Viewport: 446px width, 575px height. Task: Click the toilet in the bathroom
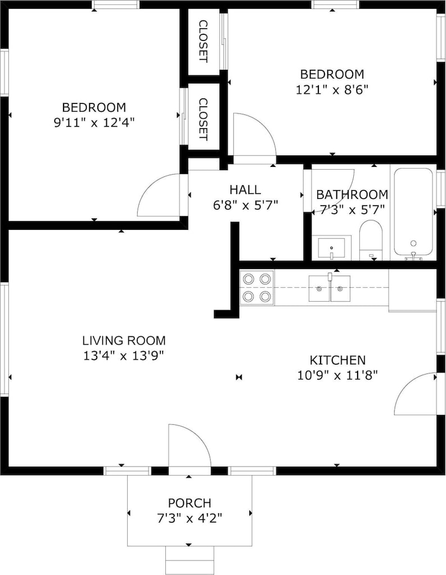(371, 240)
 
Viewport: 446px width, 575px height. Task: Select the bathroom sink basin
(331, 248)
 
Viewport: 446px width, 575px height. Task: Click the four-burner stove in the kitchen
(256, 288)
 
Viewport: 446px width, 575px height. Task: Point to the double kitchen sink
(329, 288)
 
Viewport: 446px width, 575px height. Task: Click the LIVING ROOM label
(124, 340)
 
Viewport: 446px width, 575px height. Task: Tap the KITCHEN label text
(337, 360)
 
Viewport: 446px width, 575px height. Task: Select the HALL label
(245, 189)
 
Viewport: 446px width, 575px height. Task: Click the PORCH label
(190, 502)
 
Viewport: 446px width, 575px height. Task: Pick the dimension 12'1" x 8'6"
(332, 89)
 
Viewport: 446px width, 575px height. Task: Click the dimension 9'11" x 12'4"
(94, 122)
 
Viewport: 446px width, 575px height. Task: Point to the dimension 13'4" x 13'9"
(123, 355)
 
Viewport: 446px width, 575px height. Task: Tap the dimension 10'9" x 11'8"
(337, 375)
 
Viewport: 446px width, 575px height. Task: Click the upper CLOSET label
(203, 41)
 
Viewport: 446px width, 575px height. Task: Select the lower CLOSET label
(203, 119)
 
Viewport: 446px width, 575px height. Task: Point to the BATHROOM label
(352, 194)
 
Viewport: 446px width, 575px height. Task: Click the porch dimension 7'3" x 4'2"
(190, 518)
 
